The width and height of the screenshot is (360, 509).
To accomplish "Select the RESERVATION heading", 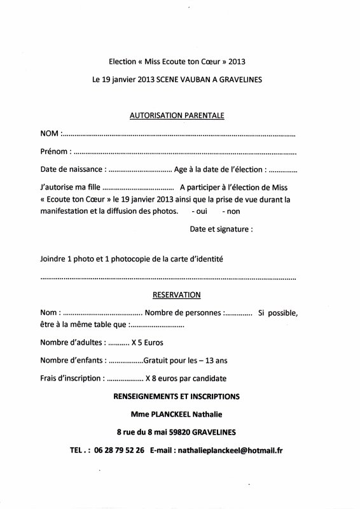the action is point(177,295).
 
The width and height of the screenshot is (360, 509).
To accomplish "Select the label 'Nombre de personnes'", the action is point(183,313).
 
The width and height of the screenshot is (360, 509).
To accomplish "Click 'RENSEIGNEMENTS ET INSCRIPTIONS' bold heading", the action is point(176,396).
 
